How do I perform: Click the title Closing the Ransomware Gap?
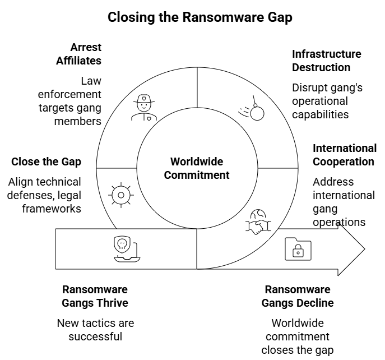click(x=200, y=17)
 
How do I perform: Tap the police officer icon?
click(x=144, y=108)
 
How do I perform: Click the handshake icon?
click(x=257, y=223)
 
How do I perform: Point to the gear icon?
click(x=120, y=195)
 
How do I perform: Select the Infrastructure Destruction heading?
click(x=326, y=61)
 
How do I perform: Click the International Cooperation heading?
click(x=344, y=155)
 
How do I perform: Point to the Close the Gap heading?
click(x=46, y=161)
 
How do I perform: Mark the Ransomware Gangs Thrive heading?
click(x=95, y=296)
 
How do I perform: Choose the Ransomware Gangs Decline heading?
click(x=298, y=296)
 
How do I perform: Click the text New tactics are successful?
click(x=95, y=330)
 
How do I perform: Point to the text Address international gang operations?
click(x=343, y=202)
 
